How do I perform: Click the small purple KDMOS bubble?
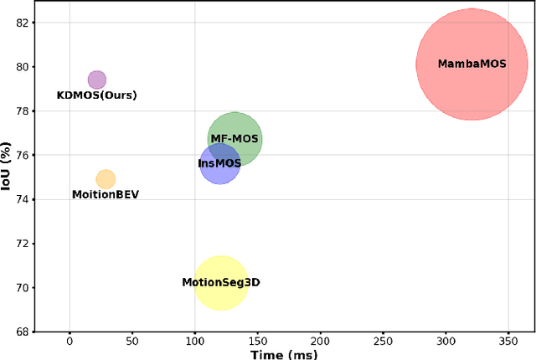97,80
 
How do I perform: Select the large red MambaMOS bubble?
472,64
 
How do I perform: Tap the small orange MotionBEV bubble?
106,179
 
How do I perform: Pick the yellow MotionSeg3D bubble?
221,283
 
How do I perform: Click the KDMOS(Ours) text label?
96,95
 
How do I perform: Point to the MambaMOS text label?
472,64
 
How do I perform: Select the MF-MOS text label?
234,139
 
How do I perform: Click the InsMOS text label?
219,163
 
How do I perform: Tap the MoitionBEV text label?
106,195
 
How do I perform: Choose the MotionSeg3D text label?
221,283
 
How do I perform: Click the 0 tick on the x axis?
70,342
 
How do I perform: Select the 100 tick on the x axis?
195,342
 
